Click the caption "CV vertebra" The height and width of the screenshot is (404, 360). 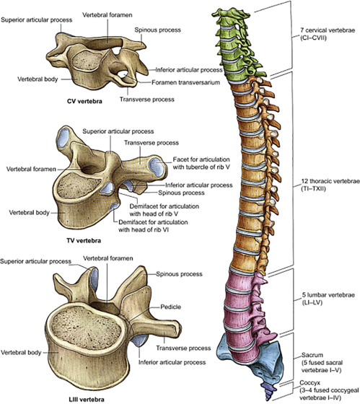(84, 101)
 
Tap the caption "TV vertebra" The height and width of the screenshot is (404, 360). (84, 241)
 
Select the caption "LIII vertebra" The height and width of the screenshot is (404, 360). (87, 400)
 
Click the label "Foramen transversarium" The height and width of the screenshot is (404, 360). (185, 82)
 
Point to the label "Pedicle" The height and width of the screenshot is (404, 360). (170, 307)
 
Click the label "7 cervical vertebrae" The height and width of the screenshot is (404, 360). (328, 30)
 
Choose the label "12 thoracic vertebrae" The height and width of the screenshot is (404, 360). (330, 181)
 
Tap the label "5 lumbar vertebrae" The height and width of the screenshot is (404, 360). (328, 295)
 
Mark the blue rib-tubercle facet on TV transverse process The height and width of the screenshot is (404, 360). (156, 167)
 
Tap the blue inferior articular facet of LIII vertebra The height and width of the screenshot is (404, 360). (140, 341)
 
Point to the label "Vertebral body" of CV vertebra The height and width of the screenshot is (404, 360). (38, 79)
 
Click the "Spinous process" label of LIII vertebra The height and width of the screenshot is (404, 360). (179, 274)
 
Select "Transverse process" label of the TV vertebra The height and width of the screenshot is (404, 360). (152, 143)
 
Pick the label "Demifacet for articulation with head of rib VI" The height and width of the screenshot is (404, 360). (153, 226)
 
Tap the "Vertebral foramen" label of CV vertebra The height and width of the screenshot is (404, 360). (107, 15)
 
